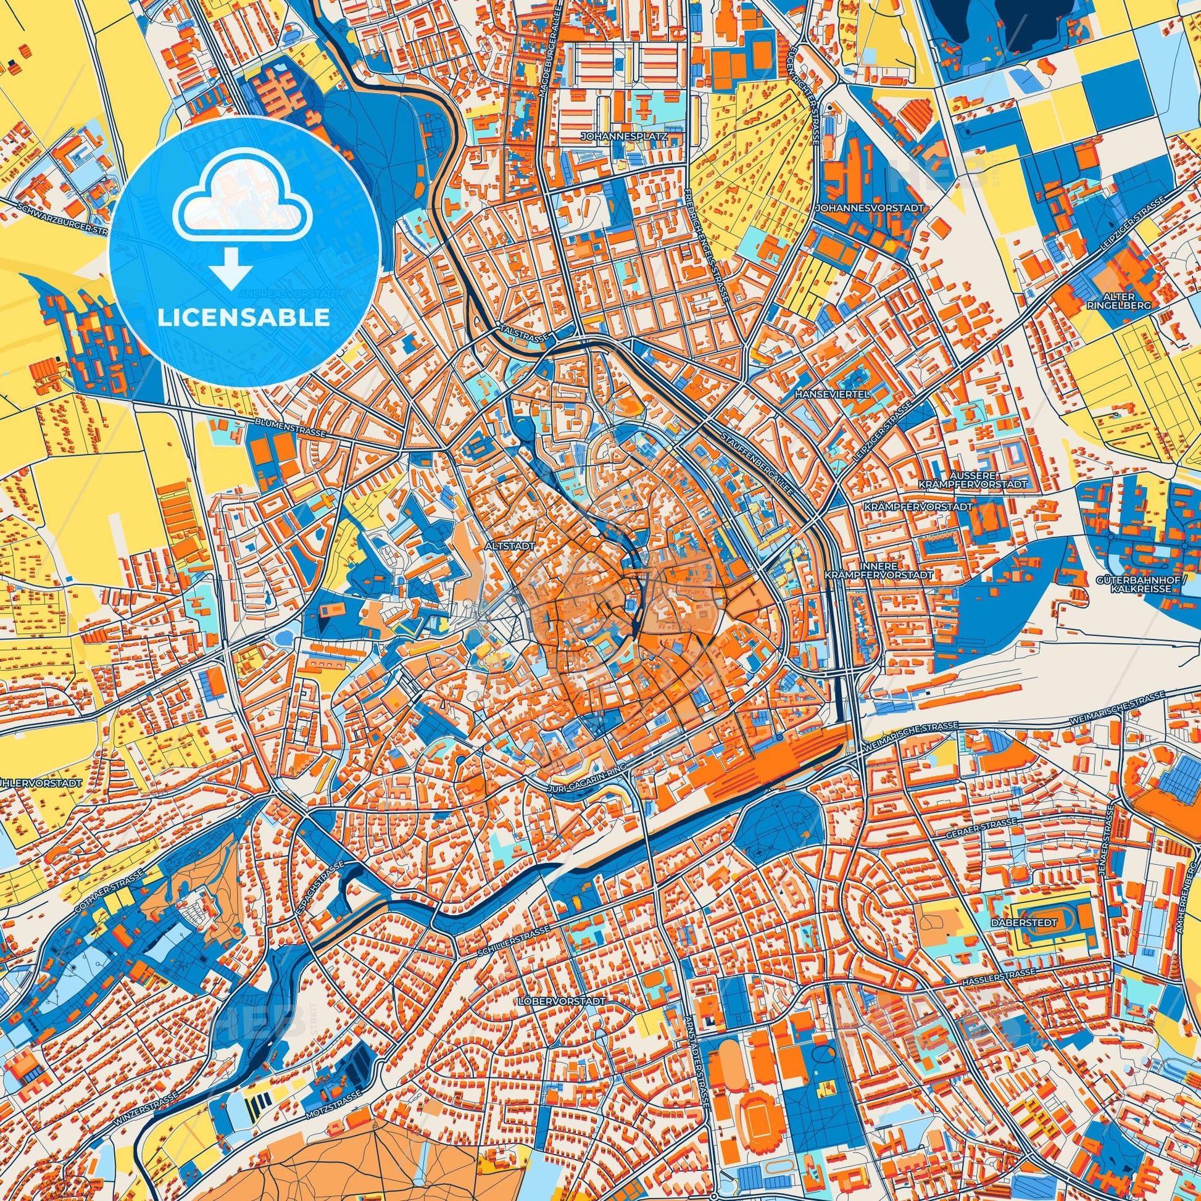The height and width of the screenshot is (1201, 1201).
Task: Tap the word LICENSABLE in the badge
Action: (x=244, y=318)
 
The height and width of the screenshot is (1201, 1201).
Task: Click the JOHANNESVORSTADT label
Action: (x=870, y=209)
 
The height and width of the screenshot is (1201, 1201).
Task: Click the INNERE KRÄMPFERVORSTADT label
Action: (x=878, y=571)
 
